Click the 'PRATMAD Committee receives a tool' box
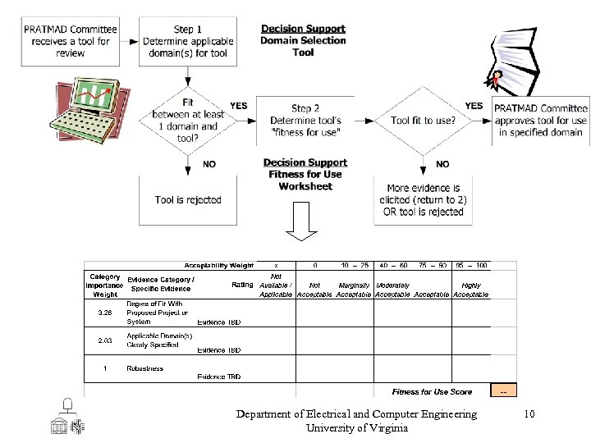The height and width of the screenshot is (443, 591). pyautogui.click(x=70, y=41)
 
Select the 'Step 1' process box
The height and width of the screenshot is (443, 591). pyautogui.click(x=188, y=41)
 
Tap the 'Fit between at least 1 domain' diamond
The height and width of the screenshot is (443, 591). pyautogui.click(x=188, y=120)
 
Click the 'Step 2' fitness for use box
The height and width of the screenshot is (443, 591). pyautogui.click(x=305, y=120)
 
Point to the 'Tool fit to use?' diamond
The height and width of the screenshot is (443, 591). pyautogui.click(x=424, y=120)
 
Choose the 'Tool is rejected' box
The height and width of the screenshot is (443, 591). pyautogui.click(x=188, y=199)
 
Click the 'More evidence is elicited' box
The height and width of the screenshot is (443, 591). pyautogui.click(x=424, y=199)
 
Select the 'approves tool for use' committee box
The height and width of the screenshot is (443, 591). pyautogui.click(x=541, y=120)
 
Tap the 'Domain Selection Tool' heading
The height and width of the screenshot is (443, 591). pyautogui.click(x=303, y=40)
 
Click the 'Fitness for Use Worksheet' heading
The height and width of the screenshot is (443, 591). pyautogui.click(x=305, y=174)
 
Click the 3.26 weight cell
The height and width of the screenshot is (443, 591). pyautogui.click(x=105, y=313)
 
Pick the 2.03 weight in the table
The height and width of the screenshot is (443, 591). pyautogui.click(x=105, y=340)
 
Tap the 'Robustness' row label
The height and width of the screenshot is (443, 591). pyautogui.click(x=144, y=368)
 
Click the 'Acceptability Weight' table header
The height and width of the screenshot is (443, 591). pyautogui.click(x=218, y=266)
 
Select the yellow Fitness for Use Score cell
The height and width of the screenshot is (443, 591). pyautogui.click(x=503, y=391)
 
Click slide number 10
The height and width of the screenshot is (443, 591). pyautogui.click(x=529, y=414)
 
